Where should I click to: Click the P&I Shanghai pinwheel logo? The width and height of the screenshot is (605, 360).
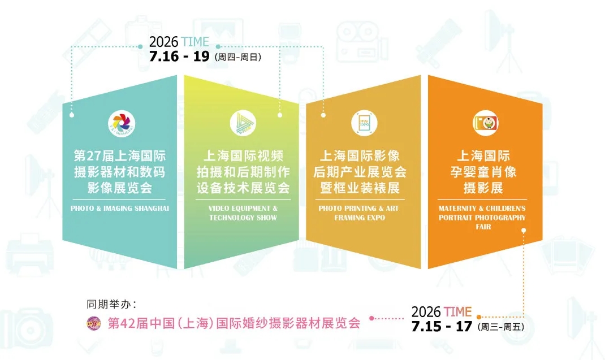(122, 123)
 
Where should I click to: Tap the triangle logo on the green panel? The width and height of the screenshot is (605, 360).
(243, 123)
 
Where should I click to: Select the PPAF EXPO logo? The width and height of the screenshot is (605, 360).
(364, 123)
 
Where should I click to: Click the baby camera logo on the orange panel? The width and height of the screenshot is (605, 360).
(486, 123)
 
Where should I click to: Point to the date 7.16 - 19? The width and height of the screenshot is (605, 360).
(179, 57)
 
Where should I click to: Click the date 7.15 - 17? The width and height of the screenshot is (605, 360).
(442, 327)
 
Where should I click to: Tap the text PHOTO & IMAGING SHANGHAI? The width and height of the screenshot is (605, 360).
(120, 209)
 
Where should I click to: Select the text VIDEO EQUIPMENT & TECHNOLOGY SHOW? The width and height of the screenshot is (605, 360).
(243, 213)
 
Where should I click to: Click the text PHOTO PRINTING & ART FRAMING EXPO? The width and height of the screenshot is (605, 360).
(359, 213)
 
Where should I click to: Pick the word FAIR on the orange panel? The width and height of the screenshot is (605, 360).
(483, 227)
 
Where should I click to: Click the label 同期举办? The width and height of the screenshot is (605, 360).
(111, 305)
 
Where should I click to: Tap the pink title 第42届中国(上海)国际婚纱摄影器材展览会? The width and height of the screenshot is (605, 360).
(234, 323)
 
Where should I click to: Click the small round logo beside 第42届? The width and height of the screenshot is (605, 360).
(94, 323)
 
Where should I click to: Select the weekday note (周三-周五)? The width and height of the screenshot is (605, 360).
(501, 327)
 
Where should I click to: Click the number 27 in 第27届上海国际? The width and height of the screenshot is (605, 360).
(93, 156)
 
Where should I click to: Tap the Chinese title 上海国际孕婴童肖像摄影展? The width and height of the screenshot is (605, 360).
(483, 172)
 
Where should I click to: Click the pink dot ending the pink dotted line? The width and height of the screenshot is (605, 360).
(371, 318)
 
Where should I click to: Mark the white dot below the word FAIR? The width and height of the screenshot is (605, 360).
(524, 231)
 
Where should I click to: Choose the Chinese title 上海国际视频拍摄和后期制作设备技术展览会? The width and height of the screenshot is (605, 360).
(243, 172)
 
